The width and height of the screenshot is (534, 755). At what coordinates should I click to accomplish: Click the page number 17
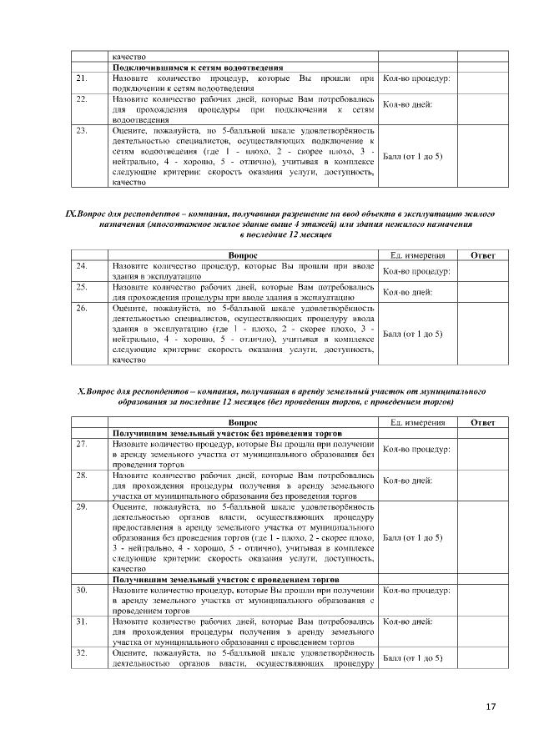(490, 707)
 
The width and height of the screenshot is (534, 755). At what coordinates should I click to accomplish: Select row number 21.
(82, 78)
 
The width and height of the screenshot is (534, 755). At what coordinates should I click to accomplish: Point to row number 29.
(82, 506)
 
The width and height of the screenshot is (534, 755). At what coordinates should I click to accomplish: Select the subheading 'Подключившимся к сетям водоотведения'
(197, 68)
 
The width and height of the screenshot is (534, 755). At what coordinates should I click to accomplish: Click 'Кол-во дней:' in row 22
(407, 105)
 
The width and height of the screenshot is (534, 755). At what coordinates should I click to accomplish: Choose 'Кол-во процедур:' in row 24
(416, 271)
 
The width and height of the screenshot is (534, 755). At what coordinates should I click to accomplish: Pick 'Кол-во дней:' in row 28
(407, 481)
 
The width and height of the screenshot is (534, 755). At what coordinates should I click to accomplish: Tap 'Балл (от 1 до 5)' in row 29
(412, 537)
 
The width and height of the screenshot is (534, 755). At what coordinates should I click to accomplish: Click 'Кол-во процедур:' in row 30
(416, 590)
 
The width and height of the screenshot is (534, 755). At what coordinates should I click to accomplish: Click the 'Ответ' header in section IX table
(483, 254)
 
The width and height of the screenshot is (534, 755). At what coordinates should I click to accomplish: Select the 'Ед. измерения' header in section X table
(417, 423)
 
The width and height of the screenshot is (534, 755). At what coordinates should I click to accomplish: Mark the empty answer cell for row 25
(483, 292)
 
